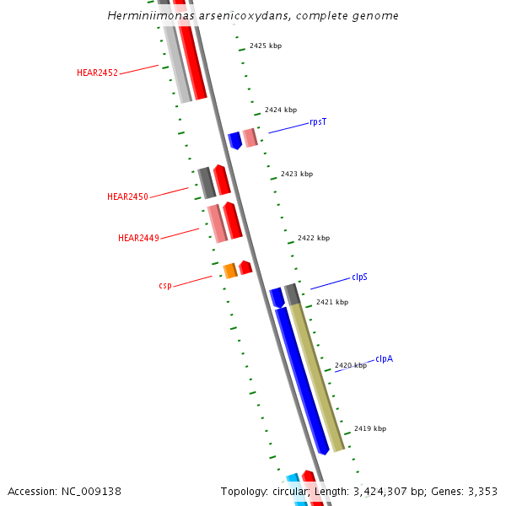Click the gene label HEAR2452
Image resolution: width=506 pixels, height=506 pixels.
pyautogui.click(x=97, y=73)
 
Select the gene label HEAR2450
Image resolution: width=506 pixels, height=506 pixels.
pyautogui.click(x=127, y=196)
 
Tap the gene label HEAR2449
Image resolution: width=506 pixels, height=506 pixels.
pyautogui.click(x=138, y=238)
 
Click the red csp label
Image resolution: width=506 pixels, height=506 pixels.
pyautogui.click(x=165, y=285)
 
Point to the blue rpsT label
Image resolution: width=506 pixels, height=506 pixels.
pyautogui.click(x=318, y=121)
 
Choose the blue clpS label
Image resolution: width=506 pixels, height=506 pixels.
pyautogui.click(x=359, y=277)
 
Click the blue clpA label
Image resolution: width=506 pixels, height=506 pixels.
pyautogui.click(x=384, y=358)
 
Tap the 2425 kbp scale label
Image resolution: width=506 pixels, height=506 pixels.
pyautogui.click(x=266, y=46)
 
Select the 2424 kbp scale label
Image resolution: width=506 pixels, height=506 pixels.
pyautogui.click(x=281, y=110)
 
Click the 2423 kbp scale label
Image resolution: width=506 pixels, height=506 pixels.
pyautogui.click(x=297, y=174)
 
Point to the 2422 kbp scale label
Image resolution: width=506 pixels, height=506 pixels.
pyautogui.click(x=314, y=238)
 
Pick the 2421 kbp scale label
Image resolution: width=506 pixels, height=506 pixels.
pyautogui.click(x=332, y=302)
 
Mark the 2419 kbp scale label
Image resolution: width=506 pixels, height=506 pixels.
pyautogui.click(x=370, y=428)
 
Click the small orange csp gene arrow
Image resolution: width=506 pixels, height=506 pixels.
pyautogui.click(x=229, y=271)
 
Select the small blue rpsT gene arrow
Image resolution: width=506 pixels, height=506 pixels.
pyautogui.click(x=234, y=141)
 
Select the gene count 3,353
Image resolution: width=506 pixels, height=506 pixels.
pyautogui.click(x=482, y=491)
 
